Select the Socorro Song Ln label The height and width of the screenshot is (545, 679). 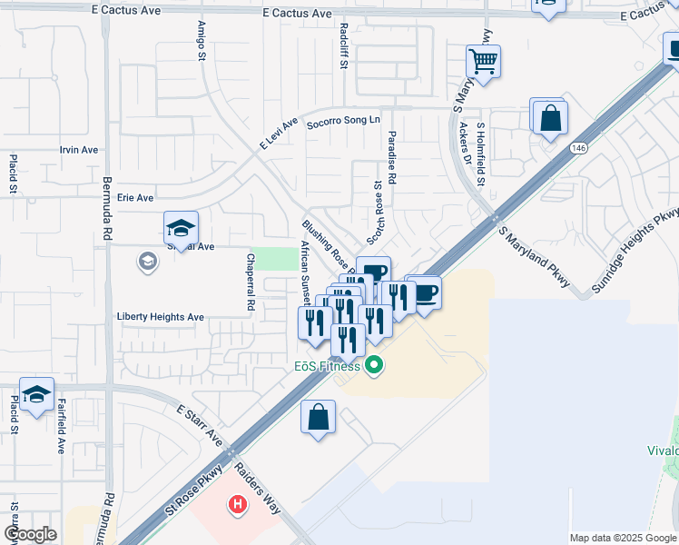coord(343,122)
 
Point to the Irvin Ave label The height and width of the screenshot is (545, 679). coord(78,150)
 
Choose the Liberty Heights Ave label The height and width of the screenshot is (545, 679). coord(160,317)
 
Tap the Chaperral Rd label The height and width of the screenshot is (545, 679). coord(249,283)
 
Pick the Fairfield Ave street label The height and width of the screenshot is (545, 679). coord(62,426)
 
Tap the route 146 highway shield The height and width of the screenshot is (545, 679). coord(577,147)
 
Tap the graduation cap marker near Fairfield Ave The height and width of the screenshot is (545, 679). coord(35,394)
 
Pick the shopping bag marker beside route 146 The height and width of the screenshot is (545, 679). coord(550,117)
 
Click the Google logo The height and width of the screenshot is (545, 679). coord(30,534)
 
